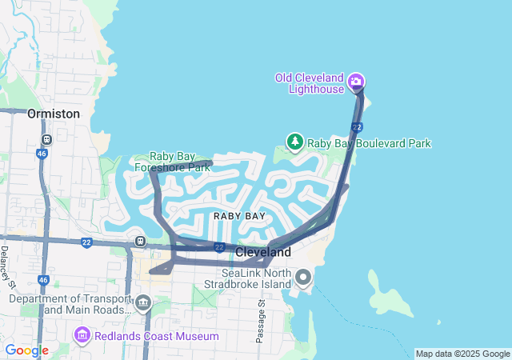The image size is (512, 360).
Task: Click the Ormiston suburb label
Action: click(54, 114)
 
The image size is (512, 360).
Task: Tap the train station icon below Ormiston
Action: click(46, 138)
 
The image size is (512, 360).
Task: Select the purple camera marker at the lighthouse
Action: click(357, 81)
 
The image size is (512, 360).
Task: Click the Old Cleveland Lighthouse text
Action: click(309, 82)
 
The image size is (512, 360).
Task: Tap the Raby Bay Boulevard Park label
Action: click(370, 143)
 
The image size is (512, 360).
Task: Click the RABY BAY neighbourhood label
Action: click(239, 216)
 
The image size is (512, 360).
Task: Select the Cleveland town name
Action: click(262, 251)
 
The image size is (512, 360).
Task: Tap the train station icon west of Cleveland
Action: click(141, 240)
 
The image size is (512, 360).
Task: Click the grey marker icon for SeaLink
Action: click(303, 278)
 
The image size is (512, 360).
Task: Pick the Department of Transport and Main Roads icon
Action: click(144, 303)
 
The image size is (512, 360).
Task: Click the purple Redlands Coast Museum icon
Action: click(82, 334)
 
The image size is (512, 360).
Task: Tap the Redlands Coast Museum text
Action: click(156, 336)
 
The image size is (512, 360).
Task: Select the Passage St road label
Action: click(261, 320)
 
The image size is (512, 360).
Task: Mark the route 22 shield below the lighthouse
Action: click(357, 127)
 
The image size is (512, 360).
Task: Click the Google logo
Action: click(26, 350)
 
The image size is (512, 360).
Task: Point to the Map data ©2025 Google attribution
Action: click(462, 354)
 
